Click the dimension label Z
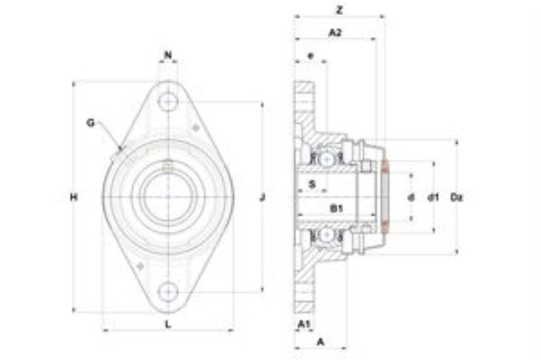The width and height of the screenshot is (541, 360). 339,10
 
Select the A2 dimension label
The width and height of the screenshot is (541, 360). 335,32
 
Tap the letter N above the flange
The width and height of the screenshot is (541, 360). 168,55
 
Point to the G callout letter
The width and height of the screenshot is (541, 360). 90,123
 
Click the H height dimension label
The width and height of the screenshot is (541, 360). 74,197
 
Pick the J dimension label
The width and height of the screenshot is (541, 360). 263,197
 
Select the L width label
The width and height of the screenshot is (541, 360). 168,325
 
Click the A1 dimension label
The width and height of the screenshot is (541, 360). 304,325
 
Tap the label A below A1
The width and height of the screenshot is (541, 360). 321,341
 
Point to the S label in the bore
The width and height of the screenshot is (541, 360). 312,184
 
